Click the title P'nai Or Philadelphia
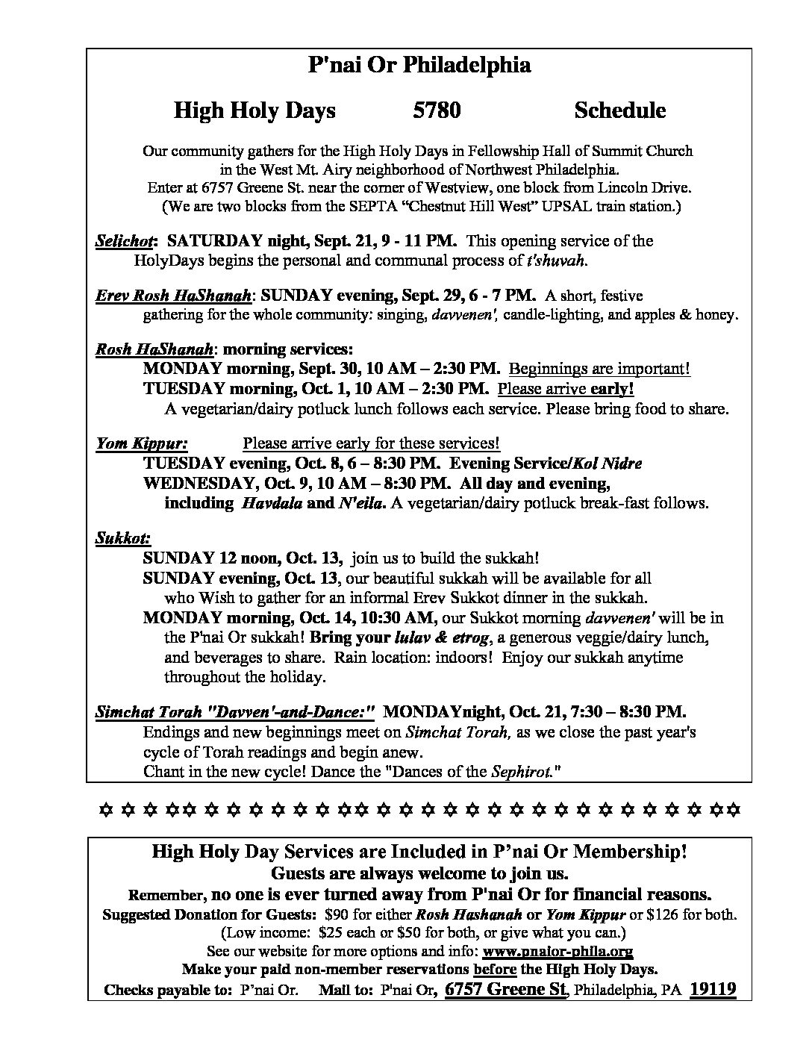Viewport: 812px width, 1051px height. point(419,66)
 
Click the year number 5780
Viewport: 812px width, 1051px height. point(437,110)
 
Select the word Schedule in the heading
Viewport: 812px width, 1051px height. point(619,110)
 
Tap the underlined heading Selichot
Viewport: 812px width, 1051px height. point(124,241)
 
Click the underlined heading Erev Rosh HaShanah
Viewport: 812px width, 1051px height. point(173,296)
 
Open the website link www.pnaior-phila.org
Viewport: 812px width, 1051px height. point(558,952)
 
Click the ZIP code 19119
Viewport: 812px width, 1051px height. point(713,990)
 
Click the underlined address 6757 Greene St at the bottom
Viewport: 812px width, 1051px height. point(506,990)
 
